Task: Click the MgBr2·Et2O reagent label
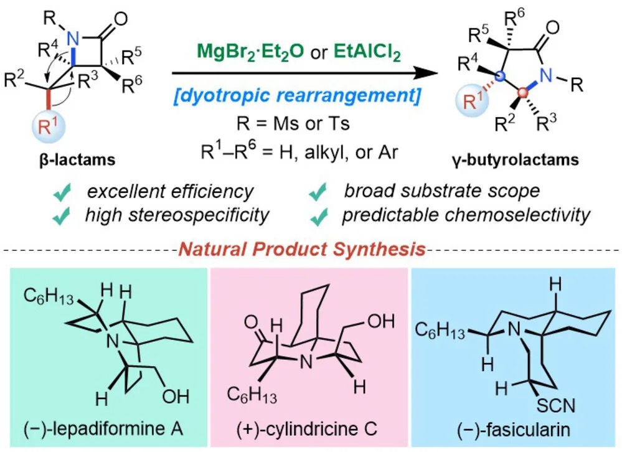click(x=250, y=50)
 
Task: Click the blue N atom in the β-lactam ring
click(x=73, y=39)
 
